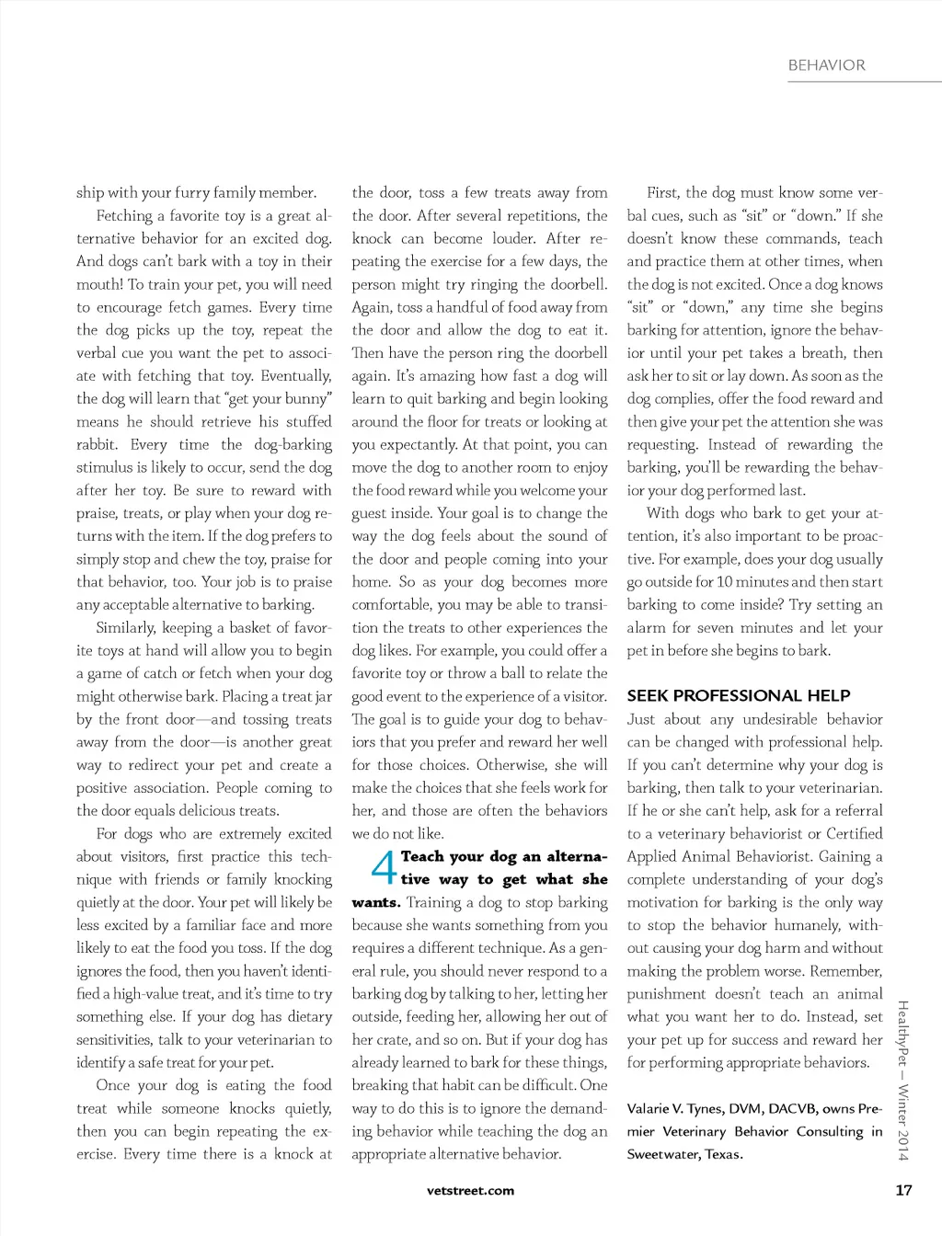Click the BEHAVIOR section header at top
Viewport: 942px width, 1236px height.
point(826,65)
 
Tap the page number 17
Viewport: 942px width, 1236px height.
point(903,1190)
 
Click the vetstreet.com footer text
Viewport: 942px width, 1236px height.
point(471,1190)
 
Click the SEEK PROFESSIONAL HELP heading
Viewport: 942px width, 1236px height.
point(738,695)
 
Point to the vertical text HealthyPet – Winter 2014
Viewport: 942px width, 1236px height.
point(902,1081)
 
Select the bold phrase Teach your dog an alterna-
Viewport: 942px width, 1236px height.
point(504,856)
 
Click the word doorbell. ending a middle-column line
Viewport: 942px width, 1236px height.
point(579,284)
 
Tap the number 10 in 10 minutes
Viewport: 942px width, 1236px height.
point(725,582)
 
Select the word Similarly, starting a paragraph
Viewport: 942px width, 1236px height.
point(126,628)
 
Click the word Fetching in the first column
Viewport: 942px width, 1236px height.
point(124,216)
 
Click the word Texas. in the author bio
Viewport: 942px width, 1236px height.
point(724,1154)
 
